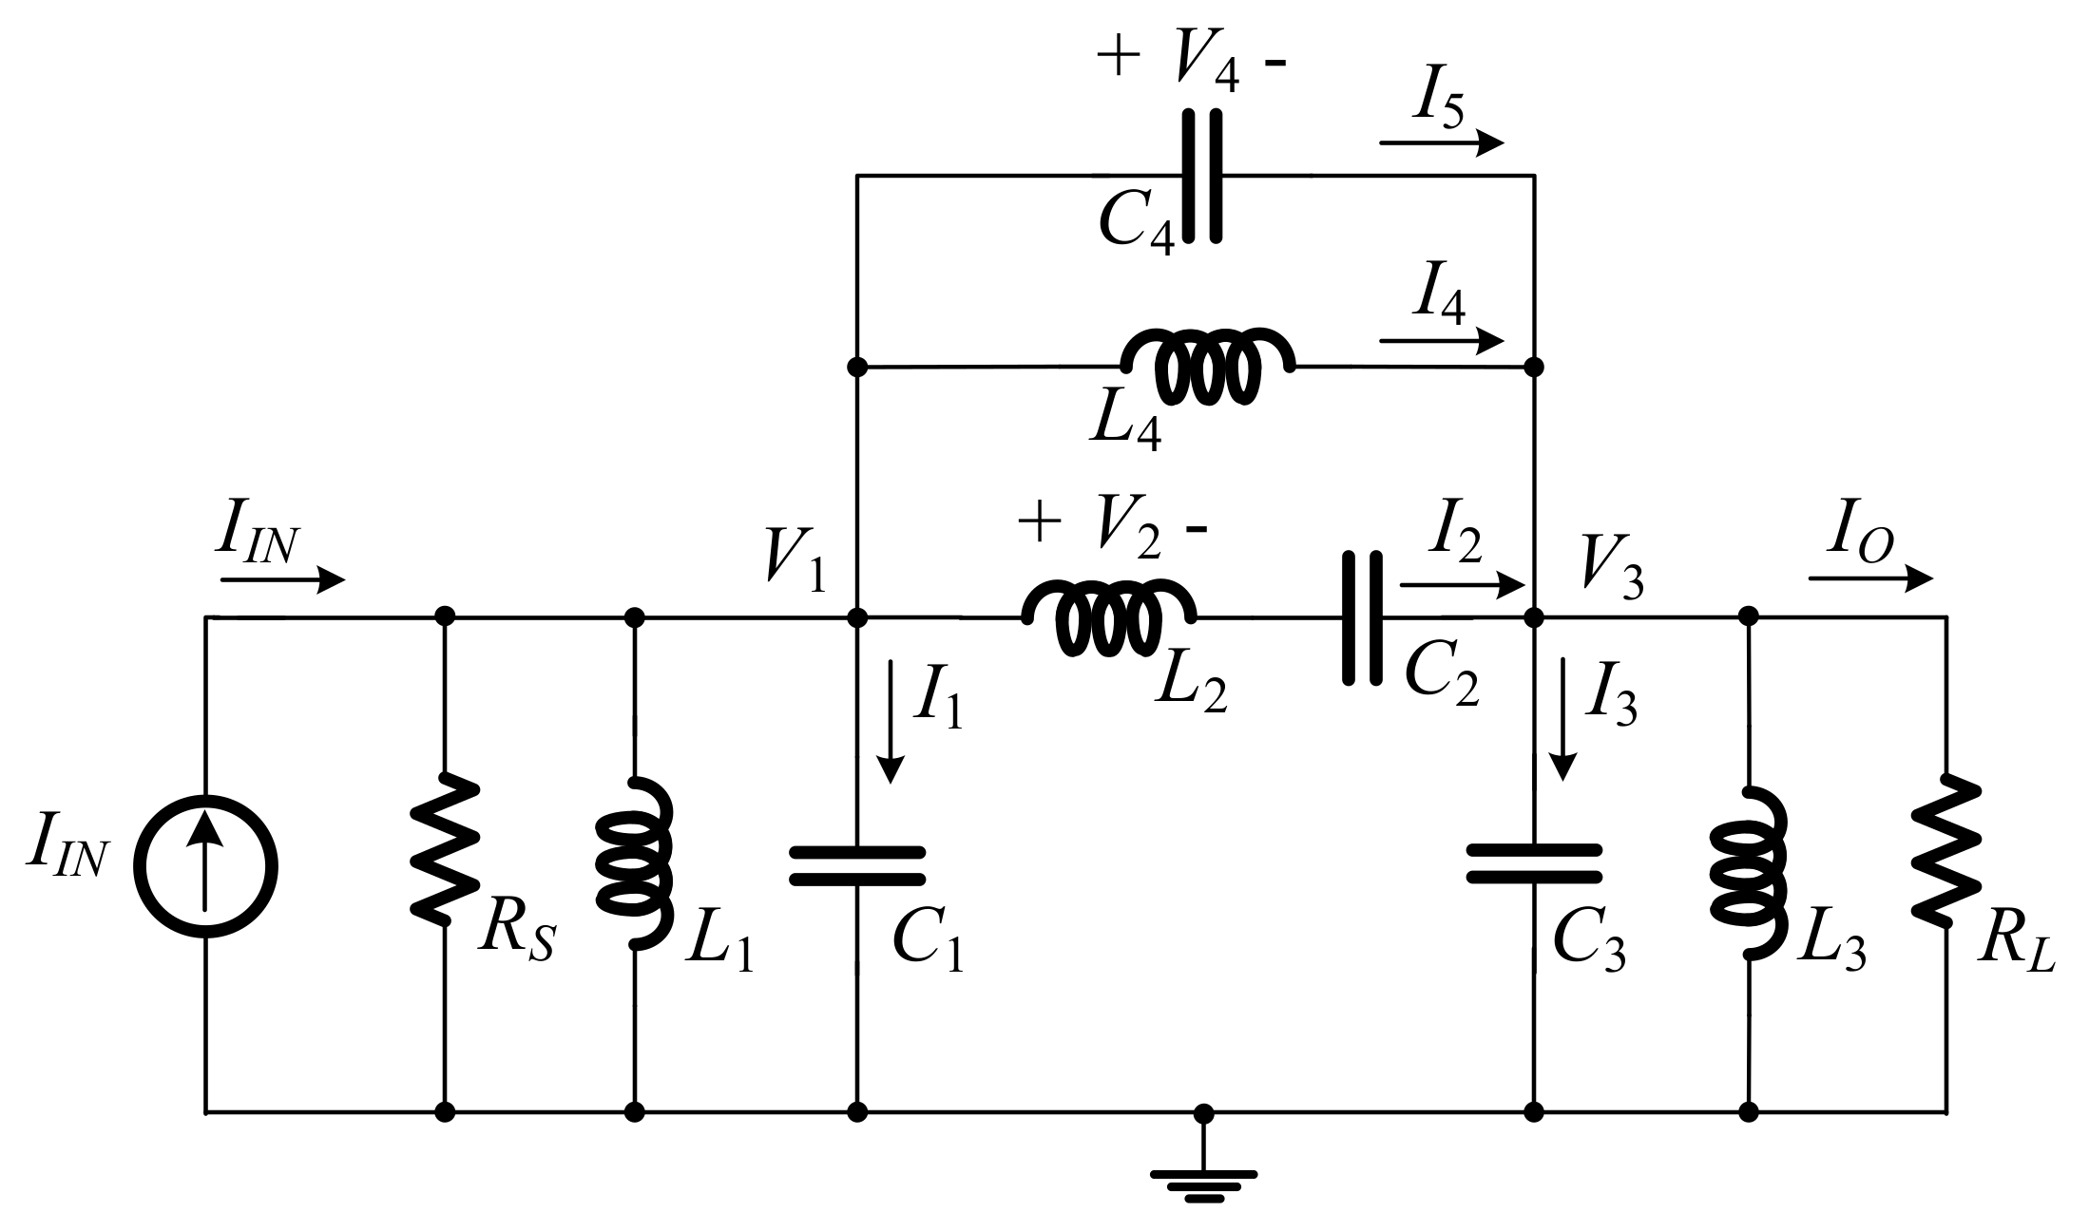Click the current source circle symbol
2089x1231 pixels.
205,867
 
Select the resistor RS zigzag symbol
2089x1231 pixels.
444,847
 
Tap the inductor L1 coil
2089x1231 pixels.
635,863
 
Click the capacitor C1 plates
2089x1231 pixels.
857,865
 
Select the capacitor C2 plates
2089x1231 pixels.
1361,618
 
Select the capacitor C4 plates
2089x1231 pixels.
1201,176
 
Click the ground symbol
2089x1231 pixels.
1203,1178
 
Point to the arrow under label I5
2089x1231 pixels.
1441,143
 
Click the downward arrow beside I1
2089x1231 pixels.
891,722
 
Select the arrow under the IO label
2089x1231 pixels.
1869,578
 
